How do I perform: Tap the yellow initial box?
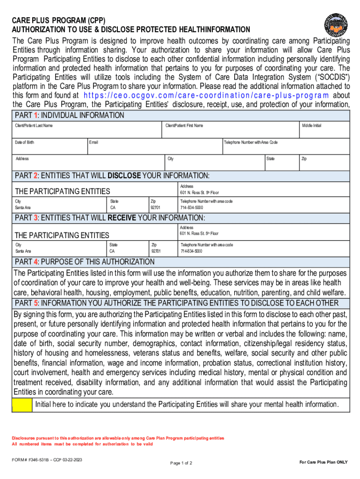coord(22,405)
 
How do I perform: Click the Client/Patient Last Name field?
coord(87,130)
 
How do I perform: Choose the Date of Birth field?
coord(49,146)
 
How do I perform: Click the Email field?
coord(154,146)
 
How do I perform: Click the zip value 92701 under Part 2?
coord(155,207)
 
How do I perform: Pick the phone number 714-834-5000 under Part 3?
coord(192,251)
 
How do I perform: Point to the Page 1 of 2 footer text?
coord(181,463)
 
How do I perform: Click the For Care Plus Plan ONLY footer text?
coord(324,462)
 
